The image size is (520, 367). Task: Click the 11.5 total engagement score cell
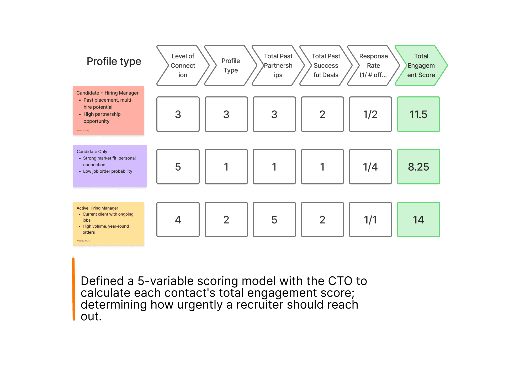(418, 114)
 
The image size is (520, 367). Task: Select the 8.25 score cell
(418, 167)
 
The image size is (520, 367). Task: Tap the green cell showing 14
(418, 220)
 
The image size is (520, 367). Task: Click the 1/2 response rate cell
(370, 114)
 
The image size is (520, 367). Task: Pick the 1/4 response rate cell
(370, 167)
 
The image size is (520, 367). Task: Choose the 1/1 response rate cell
(370, 220)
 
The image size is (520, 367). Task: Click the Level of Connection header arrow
(183, 65)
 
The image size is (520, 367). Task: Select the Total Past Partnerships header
(278, 65)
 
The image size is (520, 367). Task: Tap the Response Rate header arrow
(373, 65)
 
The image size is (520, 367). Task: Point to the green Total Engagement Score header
(421, 65)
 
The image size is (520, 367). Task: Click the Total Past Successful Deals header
(326, 65)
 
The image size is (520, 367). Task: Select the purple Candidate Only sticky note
(110, 166)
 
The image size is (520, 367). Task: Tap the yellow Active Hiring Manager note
(109, 224)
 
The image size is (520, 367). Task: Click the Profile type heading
(114, 61)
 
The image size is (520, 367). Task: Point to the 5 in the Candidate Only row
(178, 167)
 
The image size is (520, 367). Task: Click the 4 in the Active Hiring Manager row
(178, 220)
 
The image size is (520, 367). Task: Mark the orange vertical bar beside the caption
(74, 289)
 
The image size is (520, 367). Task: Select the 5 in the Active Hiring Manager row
(274, 220)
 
